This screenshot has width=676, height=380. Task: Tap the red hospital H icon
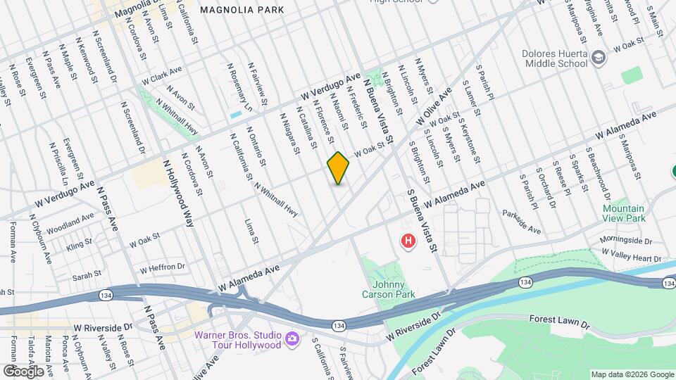(x=407, y=242)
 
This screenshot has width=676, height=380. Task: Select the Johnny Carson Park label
(x=390, y=289)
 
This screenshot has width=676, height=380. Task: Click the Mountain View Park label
(x=623, y=214)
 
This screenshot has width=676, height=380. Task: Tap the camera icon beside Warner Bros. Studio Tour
(x=292, y=341)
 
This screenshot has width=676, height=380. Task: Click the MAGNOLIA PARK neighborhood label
(x=242, y=10)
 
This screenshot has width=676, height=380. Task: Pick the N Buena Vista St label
(x=377, y=109)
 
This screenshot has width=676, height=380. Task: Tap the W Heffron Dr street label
(x=161, y=268)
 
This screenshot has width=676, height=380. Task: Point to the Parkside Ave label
(x=521, y=221)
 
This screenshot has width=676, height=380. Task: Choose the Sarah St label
(x=88, y=274)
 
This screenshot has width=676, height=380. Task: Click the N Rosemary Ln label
(x=239, y=88)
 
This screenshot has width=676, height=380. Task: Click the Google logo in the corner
(x=23, y=371)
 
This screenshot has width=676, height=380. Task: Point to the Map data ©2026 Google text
(x=632, y=374)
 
